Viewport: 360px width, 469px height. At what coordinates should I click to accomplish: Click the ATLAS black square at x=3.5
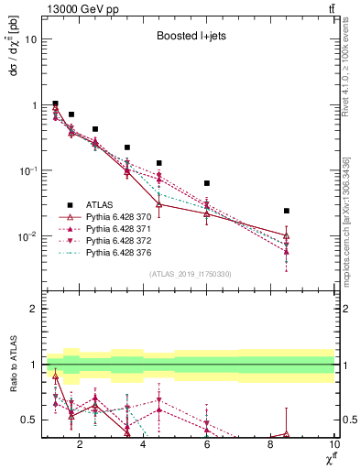click(127, 147)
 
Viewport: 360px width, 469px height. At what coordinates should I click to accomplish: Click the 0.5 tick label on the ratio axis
click(28, 420)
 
